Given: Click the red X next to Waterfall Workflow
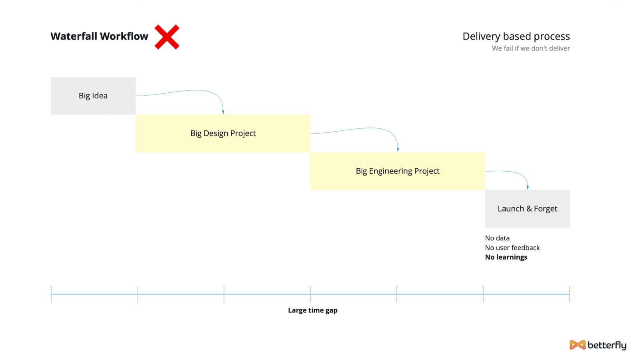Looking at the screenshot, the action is [x=167, y=37].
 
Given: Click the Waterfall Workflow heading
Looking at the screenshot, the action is [x=100, y=36].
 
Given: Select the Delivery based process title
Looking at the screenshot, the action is [x=516, y=36].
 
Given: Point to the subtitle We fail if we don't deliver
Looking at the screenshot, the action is [x=531, y=48].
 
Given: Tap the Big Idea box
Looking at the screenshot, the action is [x=93, y=96].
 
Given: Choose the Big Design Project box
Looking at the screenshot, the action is [x=223, y=134].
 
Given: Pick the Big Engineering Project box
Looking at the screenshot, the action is [x=398, y=171].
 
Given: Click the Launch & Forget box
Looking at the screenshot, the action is [x=528, y=209].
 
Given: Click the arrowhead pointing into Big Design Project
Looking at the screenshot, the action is [x=223, y=112].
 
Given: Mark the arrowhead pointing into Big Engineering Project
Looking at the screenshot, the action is [x=398, y=150].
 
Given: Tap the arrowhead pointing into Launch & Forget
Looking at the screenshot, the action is [x=528, y=188].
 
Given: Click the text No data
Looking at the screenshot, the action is [x=497, y=238].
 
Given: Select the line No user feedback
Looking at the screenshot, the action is [x=512, y=248].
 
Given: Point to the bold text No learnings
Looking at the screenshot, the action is [x=506, y=257].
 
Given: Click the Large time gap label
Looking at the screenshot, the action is [x=312, y=310].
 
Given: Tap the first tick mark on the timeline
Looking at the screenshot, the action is [x=52, y=294].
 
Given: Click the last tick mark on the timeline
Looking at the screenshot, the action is [x=570, y=294].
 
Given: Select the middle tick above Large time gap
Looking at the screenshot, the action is [x=310, y=294].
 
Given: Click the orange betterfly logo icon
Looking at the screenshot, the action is [x=578, y=345].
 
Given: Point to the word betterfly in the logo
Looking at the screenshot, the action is [x=607, y=346].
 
